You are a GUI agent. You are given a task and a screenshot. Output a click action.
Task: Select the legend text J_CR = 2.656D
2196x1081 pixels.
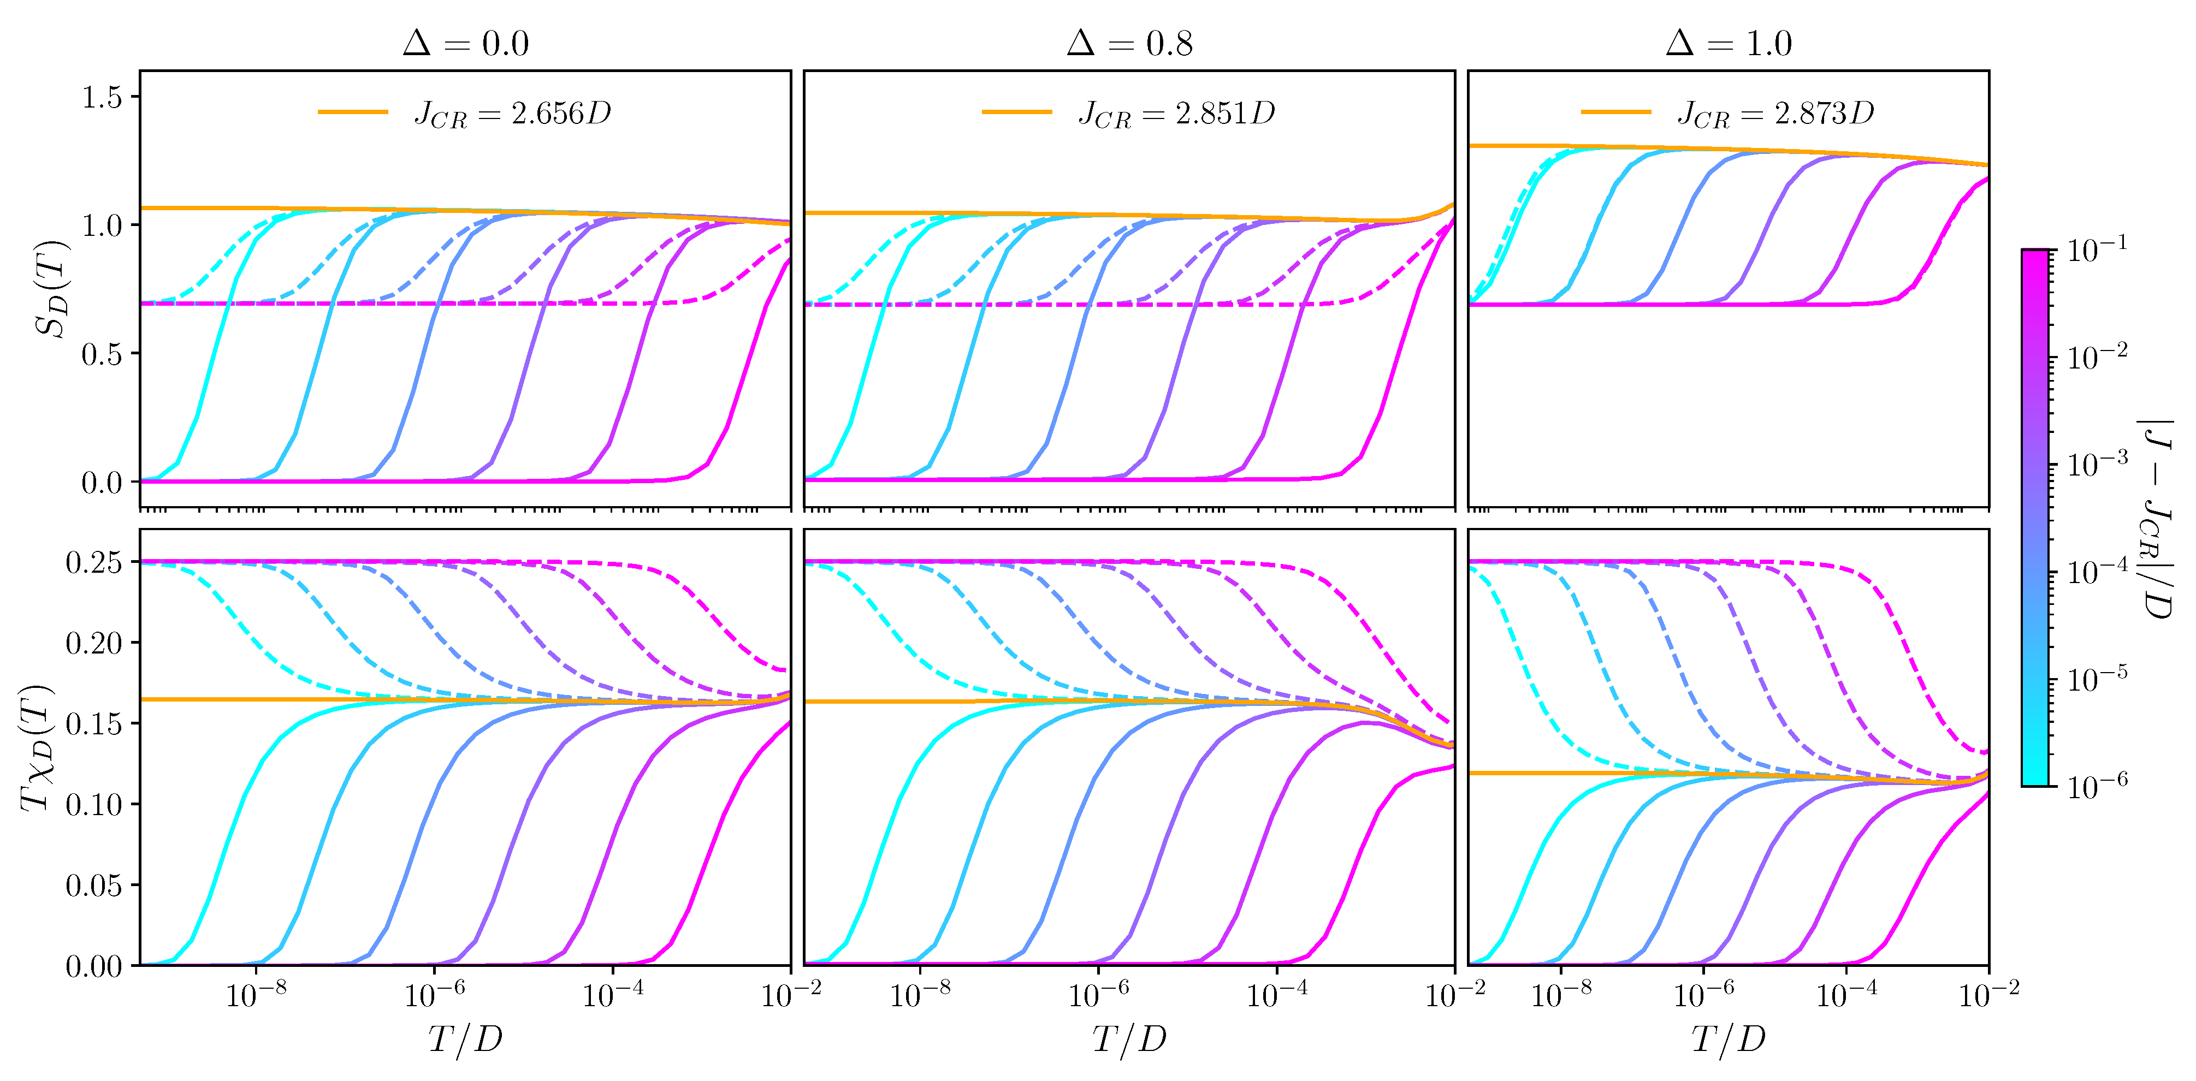pyautogui.click(x=512, y=114)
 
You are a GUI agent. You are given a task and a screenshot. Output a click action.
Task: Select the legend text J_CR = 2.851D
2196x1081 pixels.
pyautogui.click(x=1176, y=114)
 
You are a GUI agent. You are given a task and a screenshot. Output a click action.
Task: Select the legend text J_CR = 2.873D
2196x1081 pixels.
pyautogui.click(x=1775, y=114)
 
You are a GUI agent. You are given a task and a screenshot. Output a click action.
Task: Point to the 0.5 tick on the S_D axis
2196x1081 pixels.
pyautogui.click(x=102, y=354)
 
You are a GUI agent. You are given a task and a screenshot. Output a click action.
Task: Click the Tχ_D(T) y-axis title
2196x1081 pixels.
pyautogui.click(x=36, y=747)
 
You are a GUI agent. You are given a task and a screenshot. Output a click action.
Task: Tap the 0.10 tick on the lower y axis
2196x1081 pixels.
pyautogui.click(x=94, y=804)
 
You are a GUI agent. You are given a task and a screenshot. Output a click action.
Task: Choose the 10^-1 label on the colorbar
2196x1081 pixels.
pyautogui.click(x=2096, y=250)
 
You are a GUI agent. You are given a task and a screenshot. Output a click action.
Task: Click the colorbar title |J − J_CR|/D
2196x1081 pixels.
pyautogui.click(x=2157, y=518)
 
